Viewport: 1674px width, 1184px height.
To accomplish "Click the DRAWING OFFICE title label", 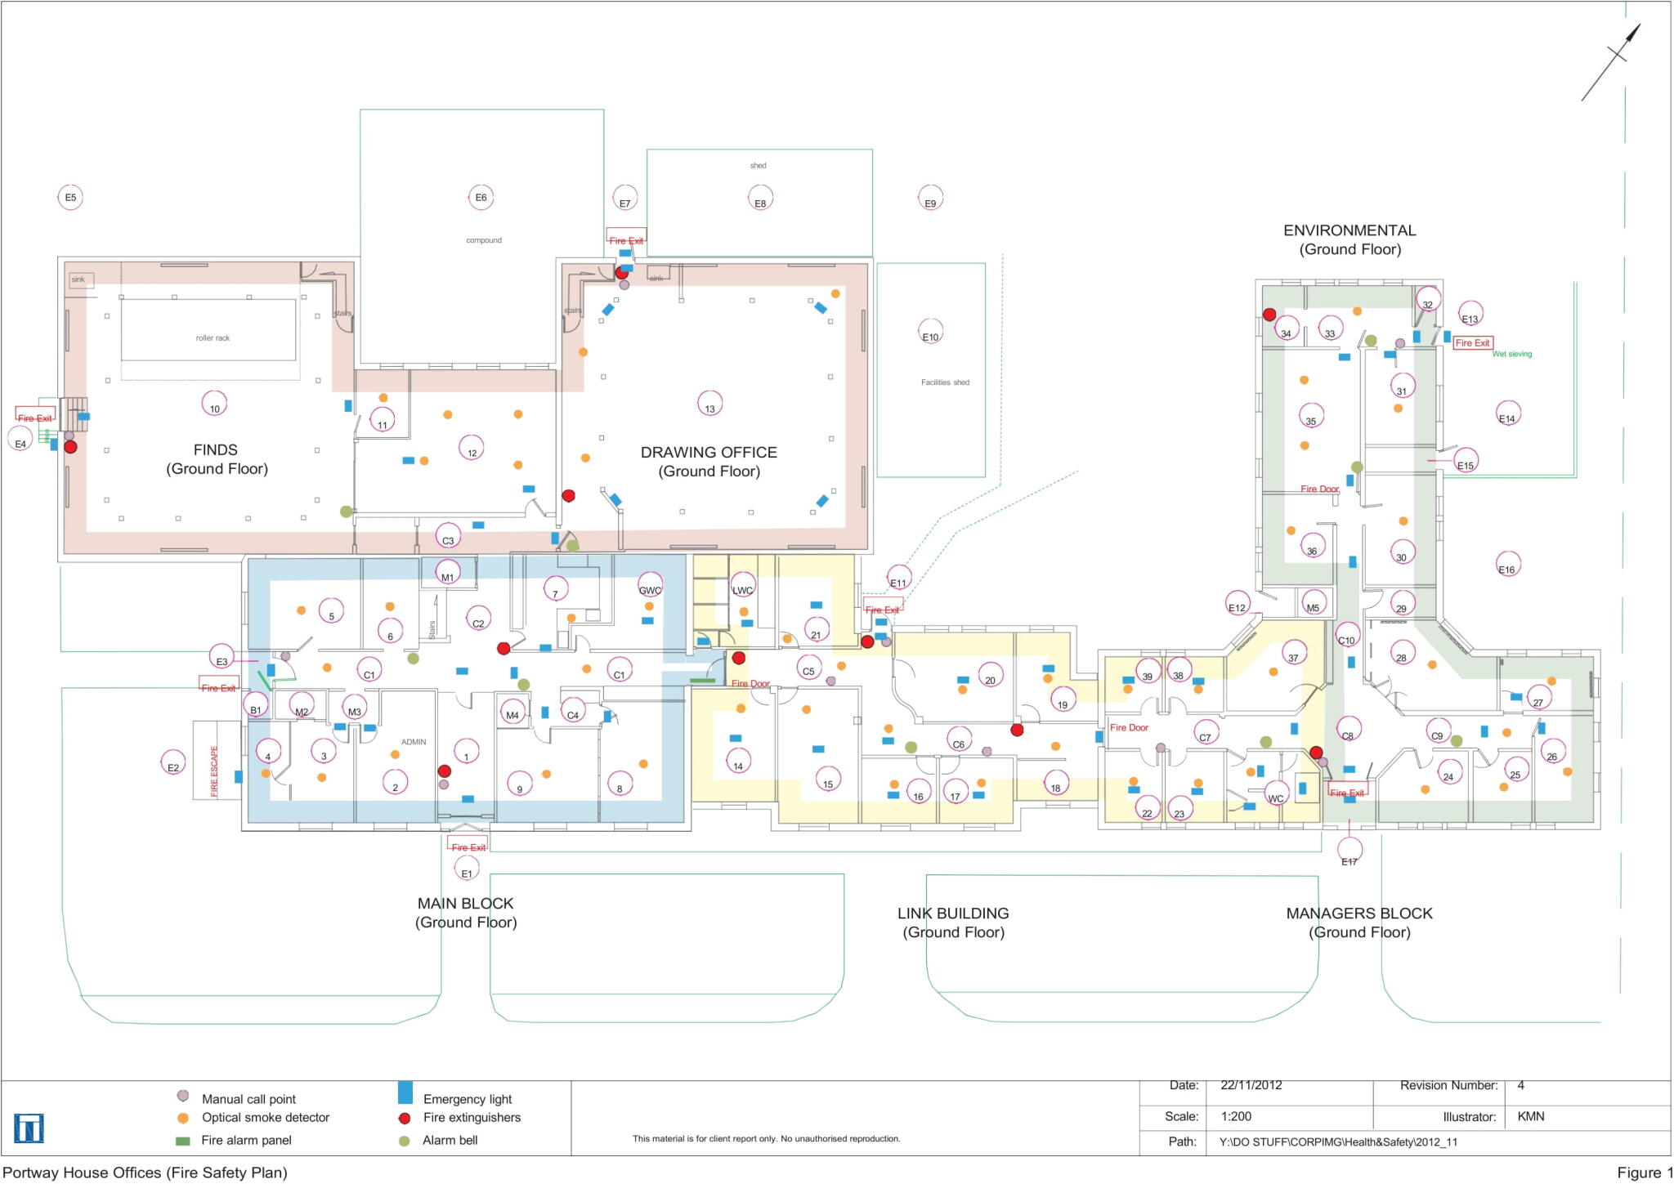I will point(708,453).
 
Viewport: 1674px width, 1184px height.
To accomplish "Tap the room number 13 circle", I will point(709,404).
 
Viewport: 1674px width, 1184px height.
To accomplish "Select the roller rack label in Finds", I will point(213,337).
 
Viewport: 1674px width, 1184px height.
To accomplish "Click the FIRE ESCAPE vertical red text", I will point(215,771).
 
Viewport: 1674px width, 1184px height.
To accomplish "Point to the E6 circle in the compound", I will point(481,197).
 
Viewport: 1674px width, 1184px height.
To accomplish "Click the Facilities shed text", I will point(945,382).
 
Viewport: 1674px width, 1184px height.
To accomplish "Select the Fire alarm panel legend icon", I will point(183,1141).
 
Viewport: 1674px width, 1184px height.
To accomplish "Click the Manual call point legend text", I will point(248,1099).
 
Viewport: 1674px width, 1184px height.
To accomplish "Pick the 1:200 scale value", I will point(1236,1116).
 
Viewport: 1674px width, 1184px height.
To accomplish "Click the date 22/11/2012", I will point(1251,1085).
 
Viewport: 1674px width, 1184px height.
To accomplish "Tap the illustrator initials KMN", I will point(1530,1116).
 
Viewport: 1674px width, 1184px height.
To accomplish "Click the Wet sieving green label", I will point(1511,354).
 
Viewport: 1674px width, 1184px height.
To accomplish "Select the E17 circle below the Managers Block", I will point(1349,851).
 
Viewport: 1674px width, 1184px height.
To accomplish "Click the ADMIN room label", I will point(414,742).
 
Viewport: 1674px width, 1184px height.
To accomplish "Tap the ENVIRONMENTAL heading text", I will point(1349,230).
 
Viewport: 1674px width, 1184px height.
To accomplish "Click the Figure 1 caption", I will point(1644,1173).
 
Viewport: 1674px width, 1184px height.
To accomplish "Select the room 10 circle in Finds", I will point(214,404).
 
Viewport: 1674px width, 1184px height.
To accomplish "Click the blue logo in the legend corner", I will point(29,1128).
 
